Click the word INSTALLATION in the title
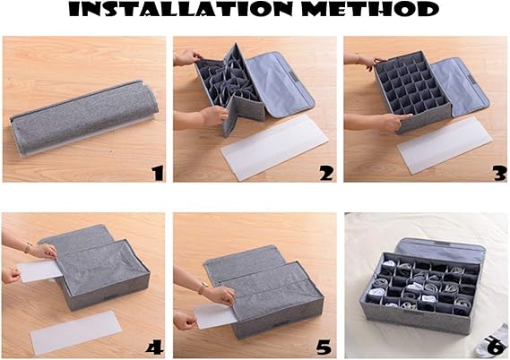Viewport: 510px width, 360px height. tap(179, 10)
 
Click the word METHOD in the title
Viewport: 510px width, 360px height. tap(370, 10)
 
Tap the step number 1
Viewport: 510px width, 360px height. tap(158, 173)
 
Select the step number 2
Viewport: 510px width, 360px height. tap(326, 173)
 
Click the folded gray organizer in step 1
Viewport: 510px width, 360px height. tap(84, 118)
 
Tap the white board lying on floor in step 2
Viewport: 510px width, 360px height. tap(274, 147)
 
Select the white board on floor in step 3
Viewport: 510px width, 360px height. tap(445, 145)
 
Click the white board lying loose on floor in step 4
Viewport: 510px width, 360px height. tap(76, 331)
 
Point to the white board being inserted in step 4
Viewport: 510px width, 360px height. tap(39, 270)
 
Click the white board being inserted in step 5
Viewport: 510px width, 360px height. tap(214, 315)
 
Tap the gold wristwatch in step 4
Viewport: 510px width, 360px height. tap(28, 247)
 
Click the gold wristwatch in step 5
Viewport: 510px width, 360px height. tap(203, 287)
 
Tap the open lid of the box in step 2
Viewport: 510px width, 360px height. tap(280, 83)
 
